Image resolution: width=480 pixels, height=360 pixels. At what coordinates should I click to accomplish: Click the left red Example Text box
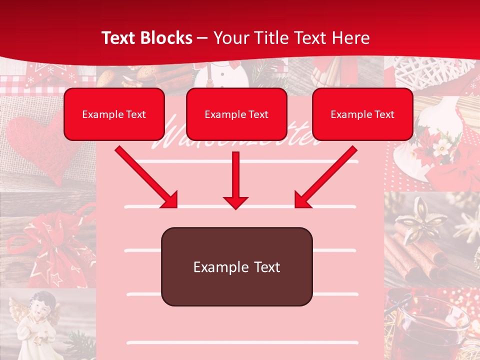[114, 114]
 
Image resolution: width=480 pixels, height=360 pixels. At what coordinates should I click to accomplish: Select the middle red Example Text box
[236, 114]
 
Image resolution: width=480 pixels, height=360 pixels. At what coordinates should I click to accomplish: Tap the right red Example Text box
[362, 114]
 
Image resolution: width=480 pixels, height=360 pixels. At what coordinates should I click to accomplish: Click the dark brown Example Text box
[236, 267]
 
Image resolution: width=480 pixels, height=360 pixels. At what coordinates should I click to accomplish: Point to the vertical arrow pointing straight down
[235, 180]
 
